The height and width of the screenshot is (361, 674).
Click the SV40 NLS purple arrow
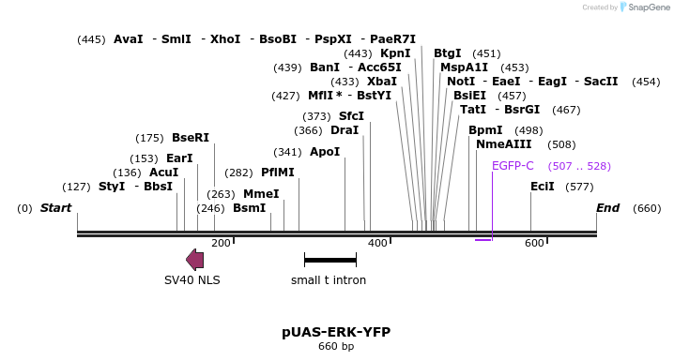(195, 260)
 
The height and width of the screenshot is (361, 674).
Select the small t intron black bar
(329, 260)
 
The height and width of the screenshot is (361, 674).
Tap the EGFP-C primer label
(513, 166)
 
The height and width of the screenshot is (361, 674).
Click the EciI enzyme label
(543, 187)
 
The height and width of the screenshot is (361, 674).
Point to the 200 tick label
(221, 244)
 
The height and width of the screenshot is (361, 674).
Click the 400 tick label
(377, 244)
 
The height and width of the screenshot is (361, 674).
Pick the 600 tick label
(534, 244)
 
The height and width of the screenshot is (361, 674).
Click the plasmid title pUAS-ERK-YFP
(336, 332)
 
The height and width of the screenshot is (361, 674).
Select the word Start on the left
(55, 208)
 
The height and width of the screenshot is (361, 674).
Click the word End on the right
(608, 208)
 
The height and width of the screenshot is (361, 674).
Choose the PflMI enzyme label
(278, 173)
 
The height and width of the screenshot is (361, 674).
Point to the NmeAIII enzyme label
(504, 144)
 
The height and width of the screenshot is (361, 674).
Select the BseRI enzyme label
(191, 138)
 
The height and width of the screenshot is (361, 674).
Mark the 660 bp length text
(336, 347)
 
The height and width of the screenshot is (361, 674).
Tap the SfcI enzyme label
(351, 116)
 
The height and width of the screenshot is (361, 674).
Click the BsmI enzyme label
(250, 208)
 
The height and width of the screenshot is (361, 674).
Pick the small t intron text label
(329, 279)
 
